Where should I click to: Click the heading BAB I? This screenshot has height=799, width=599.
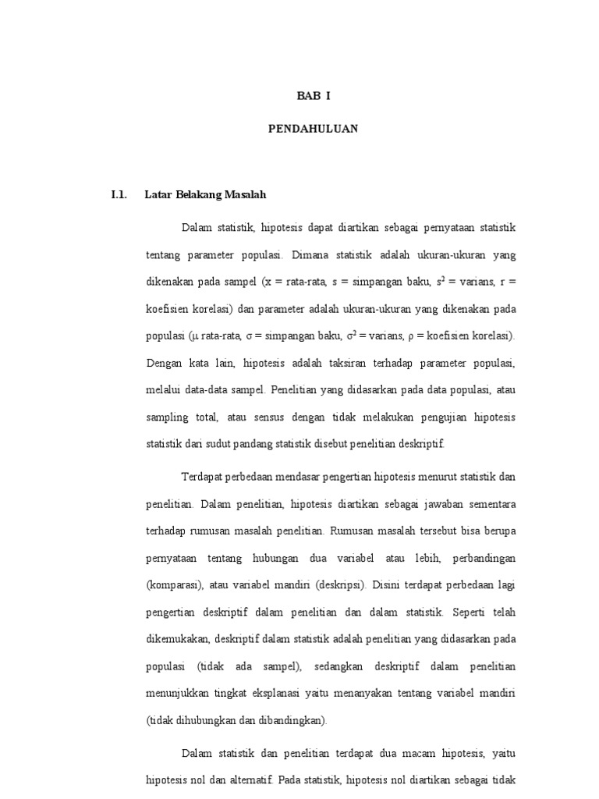(x=313, y=96)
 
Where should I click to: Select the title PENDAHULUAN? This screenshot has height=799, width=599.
(x=313, y=130)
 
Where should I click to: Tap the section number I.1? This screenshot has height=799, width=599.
(x=119, y=194)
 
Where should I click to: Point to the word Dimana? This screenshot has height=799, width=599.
(x=310, y=254)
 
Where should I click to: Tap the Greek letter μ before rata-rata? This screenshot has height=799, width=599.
(x=194, y=337)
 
